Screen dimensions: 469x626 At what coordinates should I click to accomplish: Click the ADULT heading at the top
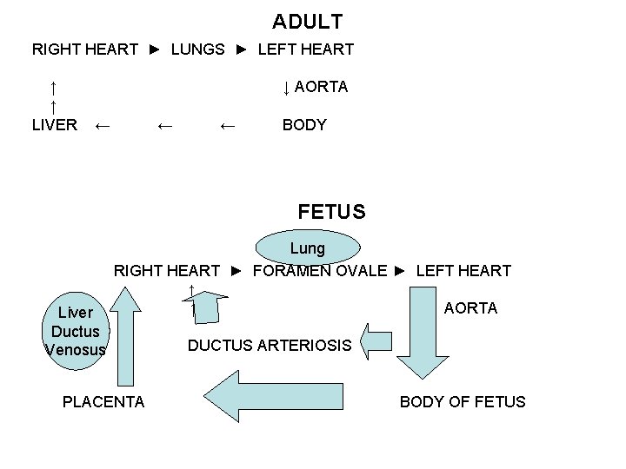click(x=307, y=21)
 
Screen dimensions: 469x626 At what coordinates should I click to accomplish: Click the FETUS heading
click(x=331, y=211)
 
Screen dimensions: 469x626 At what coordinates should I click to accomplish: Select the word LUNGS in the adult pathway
click(x=197, y=50)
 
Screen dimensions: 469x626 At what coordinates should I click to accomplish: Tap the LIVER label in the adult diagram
click(x=55, y=125)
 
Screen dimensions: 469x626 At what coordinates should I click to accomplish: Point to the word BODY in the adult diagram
click(x=304, y=125)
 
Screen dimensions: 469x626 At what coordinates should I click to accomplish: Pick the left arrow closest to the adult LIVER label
click(x=102, y=126)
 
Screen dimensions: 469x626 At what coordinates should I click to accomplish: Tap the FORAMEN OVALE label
click(x=319, y=271)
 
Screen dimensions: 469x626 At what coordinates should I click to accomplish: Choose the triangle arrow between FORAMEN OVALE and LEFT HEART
click(x=400, y=271)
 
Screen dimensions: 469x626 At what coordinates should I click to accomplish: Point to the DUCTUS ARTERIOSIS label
click(x=270, y=346)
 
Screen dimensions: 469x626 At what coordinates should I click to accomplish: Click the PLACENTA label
click(x=103, y=401)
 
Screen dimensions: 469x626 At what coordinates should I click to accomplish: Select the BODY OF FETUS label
click(x=462, y=401)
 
